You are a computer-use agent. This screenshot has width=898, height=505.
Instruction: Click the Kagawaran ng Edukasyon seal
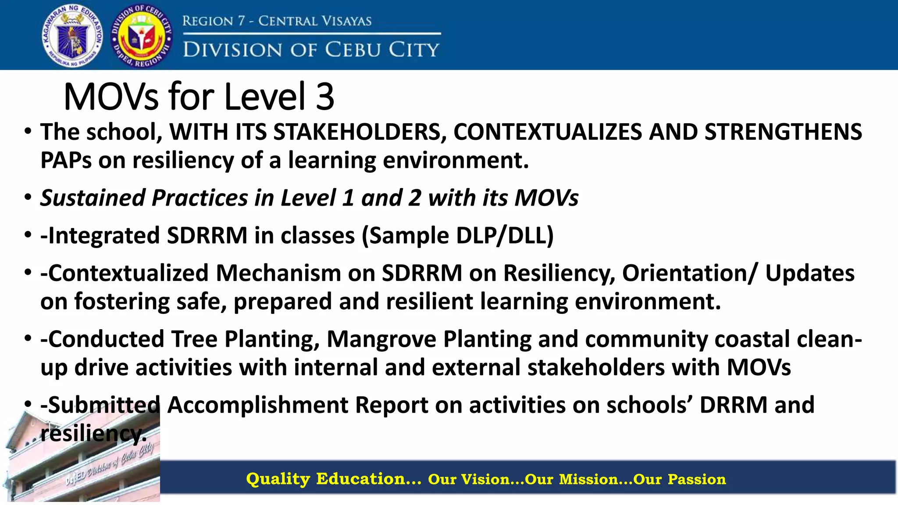point(73,36)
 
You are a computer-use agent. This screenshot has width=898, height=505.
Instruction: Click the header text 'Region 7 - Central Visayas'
point(277,21)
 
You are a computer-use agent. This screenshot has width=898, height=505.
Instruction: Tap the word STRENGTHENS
point(783,132)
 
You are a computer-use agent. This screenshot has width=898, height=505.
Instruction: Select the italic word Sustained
point(93,198)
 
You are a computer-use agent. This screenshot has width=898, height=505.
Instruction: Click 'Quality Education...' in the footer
point(333,479)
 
